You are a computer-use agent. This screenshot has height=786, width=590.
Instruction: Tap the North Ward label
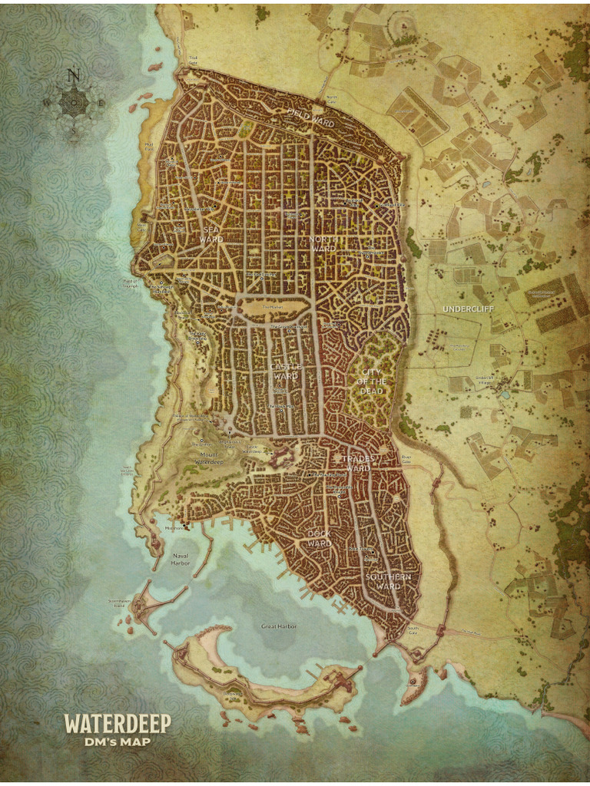pos(323,243)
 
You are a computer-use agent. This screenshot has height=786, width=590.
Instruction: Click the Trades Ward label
pos(356,463)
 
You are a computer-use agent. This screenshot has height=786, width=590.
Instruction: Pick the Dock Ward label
pos(319,538)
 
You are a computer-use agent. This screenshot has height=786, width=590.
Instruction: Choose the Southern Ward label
pos(388,581)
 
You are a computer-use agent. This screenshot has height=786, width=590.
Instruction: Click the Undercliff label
pos(468,309)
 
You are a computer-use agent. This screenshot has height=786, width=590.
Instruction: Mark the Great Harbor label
pos(279,626)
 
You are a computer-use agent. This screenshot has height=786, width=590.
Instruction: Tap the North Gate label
pos(332,97)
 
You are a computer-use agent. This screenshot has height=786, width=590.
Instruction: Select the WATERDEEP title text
pos(118,723)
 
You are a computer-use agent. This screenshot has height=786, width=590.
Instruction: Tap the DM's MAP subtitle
pos(118,741)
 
